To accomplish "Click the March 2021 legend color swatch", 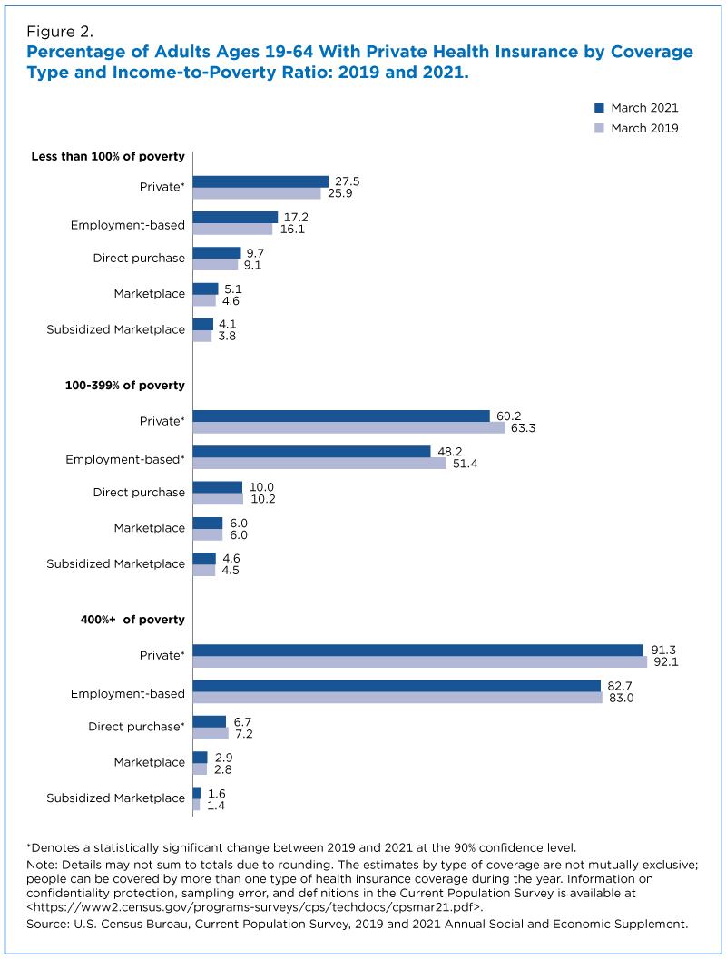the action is coord(599,108).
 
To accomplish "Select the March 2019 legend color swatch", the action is coord(599,128).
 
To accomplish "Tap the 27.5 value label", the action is coord(348,181).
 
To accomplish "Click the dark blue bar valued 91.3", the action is coord(418,651).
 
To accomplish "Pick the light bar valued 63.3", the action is coord(349,427).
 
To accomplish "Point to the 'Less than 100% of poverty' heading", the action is coord(108,157).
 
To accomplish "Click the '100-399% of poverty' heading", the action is coord(124,386).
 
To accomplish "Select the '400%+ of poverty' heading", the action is coord(132,620).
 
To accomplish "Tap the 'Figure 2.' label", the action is coord(59,32).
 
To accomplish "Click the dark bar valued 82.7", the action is coord(397,686).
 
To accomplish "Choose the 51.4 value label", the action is coord(466,464).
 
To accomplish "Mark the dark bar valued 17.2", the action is coord(235,217).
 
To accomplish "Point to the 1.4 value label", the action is coord(216,806).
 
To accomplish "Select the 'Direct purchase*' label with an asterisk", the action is coord(136,727).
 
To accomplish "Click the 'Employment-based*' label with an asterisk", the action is coord(124,459).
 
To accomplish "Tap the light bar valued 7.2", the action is coord(211,733).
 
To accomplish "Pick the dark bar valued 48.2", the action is coord(312,451).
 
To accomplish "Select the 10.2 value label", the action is coord(263,499).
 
